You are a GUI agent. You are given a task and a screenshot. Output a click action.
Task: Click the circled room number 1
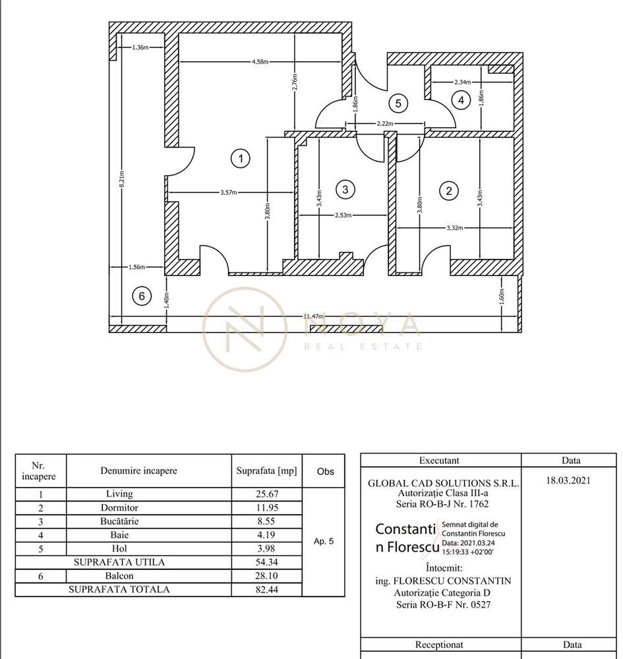pyautogui.click(x=241, y=158)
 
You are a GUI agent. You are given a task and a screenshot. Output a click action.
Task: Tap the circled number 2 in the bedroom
pyautogui.click(x=449, y=191)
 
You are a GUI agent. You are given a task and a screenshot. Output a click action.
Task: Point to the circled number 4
pyautogui.click(x=461, y=100)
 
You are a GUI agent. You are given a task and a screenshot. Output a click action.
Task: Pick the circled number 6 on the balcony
pyautogui.click(x=141, y=297)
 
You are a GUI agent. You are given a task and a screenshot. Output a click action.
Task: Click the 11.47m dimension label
pyautogui.click(x=314, y=317)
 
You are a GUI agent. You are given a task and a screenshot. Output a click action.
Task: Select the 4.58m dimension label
pyautogui.click(x=260, y=62)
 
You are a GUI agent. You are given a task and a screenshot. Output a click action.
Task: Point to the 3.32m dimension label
pyautogui.click(x=455, y=228)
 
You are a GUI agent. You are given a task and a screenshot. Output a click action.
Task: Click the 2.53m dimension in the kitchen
pyautogui.click(x=343, y=215)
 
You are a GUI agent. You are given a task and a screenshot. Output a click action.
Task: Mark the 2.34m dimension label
pyautogui.click(x=463, y=82)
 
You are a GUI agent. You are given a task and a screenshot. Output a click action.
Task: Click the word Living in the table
pyautogui.click(x=119, y=494)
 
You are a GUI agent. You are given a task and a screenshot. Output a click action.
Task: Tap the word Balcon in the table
pyautogui.click(x=119, y=575)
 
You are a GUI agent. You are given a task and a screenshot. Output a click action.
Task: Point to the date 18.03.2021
pyautogui.click(x=568, y=480)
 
